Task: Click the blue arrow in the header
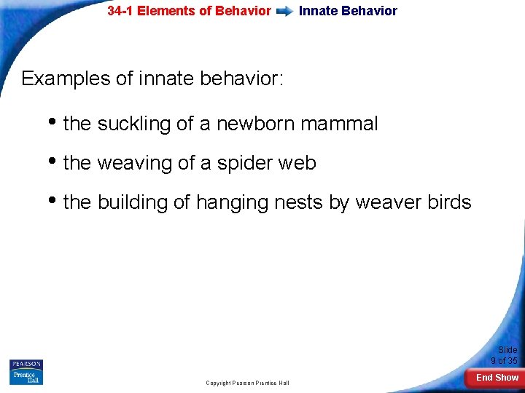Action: [285, 11]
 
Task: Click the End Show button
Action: [497, 377]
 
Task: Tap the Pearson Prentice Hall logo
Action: [26, 372]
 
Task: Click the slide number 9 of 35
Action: [504, 355]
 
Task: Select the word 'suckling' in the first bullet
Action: [134, 124]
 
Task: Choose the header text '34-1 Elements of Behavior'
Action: [189, 11]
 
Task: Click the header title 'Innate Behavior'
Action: [348, 11]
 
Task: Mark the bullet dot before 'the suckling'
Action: [55, 123]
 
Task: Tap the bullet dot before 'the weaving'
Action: [55, 162]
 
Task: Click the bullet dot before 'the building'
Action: [55, 201]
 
